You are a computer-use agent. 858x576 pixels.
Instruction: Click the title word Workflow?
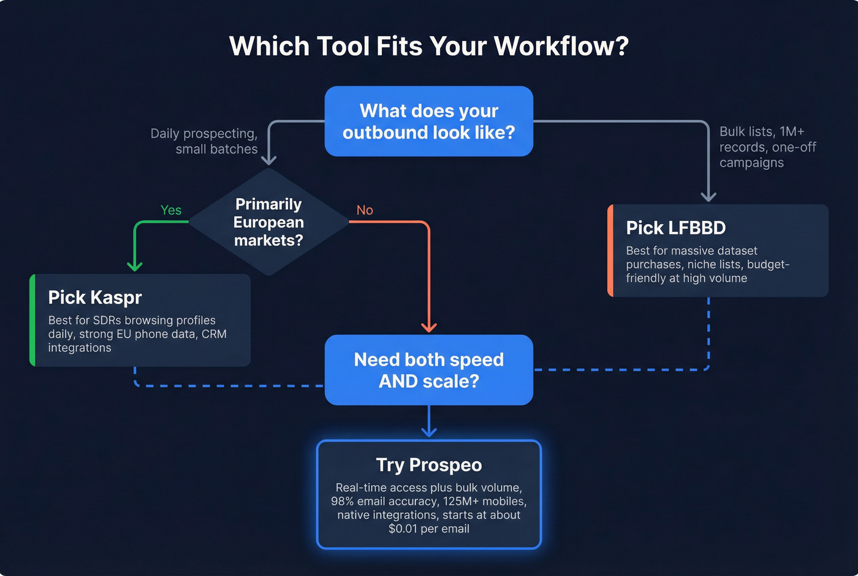tap(561, 47)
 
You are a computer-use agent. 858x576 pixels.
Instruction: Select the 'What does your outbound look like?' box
tap(428, 121)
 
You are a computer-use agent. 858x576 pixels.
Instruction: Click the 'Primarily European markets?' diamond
tap(268, 221)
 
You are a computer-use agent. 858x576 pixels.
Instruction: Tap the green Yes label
tap(171, 210)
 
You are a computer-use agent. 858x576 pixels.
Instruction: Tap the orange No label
tap(365, 210)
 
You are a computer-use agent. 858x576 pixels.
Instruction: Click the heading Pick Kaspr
tap(95, 298)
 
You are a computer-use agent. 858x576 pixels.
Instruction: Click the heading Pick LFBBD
tap(675, 228)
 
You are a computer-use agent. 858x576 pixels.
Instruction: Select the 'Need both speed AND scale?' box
tap(428, 370)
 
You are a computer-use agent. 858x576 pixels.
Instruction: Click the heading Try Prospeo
tap(428, 465)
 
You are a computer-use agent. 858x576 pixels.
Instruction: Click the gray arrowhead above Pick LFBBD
tap(708, 196)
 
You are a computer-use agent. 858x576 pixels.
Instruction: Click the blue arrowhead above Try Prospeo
tap(429, 432)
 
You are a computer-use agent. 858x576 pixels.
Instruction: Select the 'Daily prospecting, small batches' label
tap(205, 141)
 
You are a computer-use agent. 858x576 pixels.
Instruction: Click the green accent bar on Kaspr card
tap(32, 320)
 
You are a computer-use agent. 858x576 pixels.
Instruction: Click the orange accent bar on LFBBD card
tap(610, 250)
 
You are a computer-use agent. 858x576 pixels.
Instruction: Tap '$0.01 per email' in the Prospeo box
tap(428, 529)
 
